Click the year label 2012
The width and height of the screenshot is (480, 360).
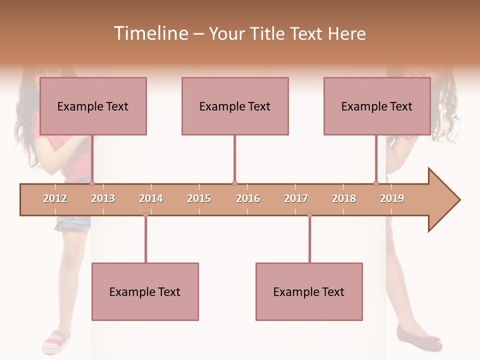(x=55, y=198)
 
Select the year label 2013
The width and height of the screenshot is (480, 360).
(x=103, y=198)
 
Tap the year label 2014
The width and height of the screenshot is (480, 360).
(x=151, y=198)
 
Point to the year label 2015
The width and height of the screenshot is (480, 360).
(x=199, y=198)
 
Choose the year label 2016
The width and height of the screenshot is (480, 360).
(x=248, y=198)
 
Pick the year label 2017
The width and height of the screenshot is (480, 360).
(x=296, y=198)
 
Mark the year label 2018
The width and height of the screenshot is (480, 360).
(x=344, y=198)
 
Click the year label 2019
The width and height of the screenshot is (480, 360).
(x=392, y=198)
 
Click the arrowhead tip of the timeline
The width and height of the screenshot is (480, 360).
(x=459, y=200)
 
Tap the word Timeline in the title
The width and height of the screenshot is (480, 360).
(x=150, y=33)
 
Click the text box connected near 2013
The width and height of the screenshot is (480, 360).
(x=93, y=106)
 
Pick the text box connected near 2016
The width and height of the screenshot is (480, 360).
(x=235, y=106)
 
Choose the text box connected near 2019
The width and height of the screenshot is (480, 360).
(x=377, y=106)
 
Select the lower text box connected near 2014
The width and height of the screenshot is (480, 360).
(x=145, y=291)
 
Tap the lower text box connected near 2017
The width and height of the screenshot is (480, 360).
(x=309, y=291)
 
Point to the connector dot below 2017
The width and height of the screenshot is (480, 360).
(x=309, y=215)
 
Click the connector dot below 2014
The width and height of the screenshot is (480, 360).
(x=145, y=215)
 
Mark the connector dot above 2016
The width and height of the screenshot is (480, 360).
(x=234, y=183)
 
